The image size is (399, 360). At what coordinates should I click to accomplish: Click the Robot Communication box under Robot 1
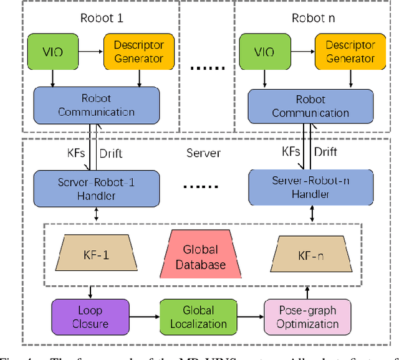[96, 105]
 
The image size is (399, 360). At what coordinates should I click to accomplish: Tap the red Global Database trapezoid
[201, 257]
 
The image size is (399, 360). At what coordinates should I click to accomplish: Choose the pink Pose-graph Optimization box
[302, 316]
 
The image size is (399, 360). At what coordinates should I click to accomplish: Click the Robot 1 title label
[101, 18]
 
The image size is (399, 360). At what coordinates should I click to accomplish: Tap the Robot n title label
[313, 18]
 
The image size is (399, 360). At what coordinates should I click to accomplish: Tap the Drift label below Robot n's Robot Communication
[325, 151]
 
